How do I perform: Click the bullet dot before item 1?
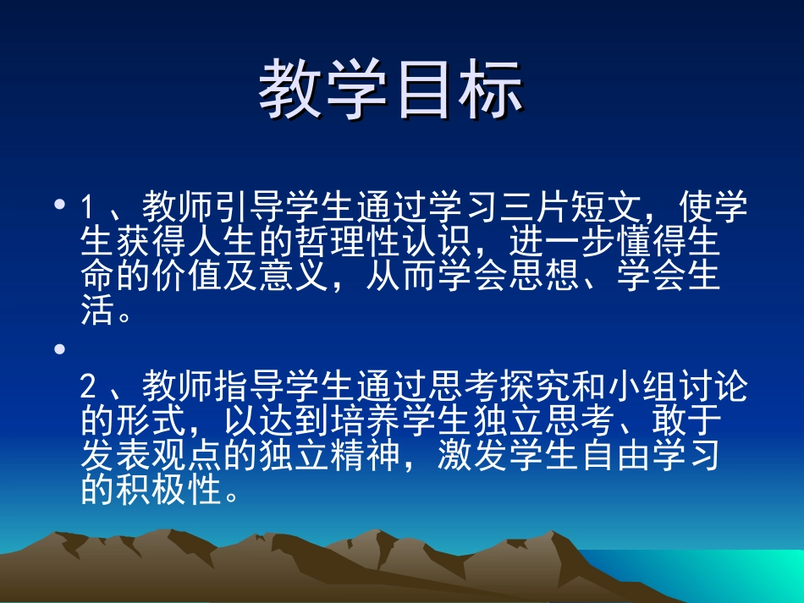[x=58, y=205]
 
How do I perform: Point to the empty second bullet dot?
[x=58, y=348]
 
